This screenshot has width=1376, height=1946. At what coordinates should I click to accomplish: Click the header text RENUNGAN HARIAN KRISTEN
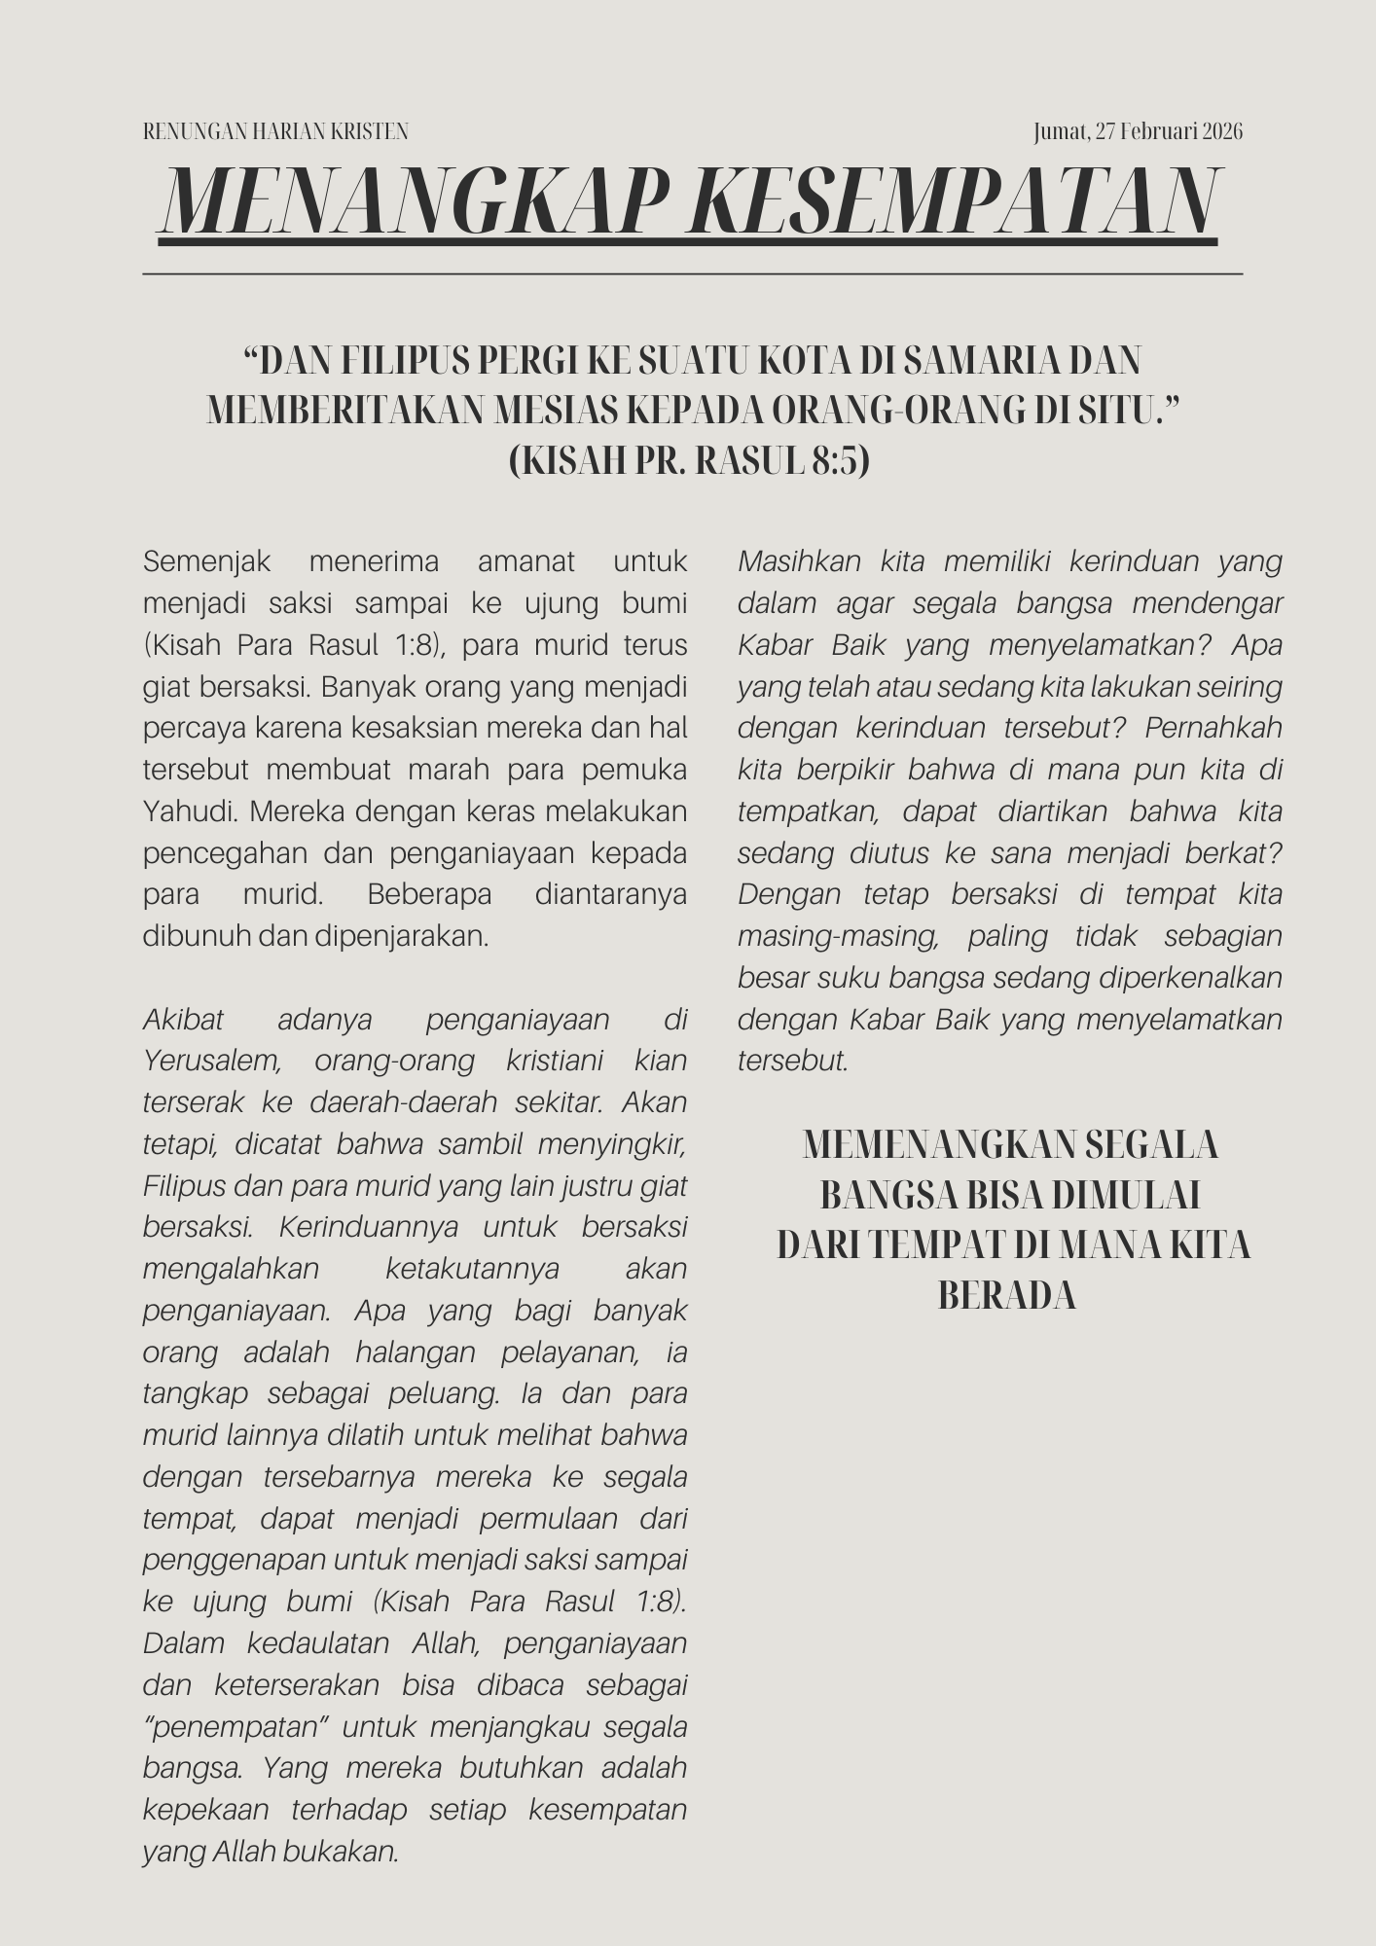[275, 131]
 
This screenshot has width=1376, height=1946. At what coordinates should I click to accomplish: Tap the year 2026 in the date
[1222, 131]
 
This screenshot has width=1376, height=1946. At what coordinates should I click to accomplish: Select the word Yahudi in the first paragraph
[186, 811]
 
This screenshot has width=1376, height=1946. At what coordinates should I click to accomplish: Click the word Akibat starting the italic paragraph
[183, 1020]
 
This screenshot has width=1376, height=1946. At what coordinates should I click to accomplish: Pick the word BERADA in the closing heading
[1007, 1296]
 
